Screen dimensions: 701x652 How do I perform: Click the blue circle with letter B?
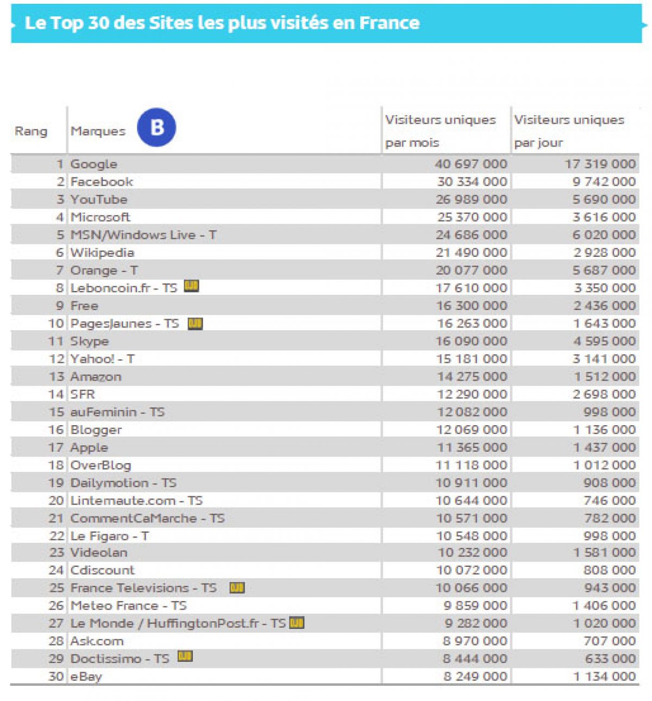click(156, 128)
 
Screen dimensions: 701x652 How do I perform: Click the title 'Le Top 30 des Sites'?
click(222, 23)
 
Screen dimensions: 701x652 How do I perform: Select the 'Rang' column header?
click(31, 131)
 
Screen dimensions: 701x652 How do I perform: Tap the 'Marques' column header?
click(98, 131)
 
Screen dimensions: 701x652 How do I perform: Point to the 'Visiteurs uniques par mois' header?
click(440, 131)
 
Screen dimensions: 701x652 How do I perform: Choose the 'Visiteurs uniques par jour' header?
click(569, 131)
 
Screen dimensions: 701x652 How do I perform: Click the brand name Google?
click(94, 164)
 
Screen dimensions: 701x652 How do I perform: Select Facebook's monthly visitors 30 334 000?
click(472, 181)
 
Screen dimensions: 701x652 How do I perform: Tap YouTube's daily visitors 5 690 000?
click(604, 199)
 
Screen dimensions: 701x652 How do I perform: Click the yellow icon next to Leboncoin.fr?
click(191, 286)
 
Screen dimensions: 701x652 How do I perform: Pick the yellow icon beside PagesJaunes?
click(195, 324)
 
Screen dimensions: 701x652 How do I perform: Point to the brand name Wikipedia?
click(102, 252)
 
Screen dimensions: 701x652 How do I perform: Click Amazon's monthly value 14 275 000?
click(472, 376)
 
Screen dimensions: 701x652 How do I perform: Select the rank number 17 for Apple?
click(56, 447)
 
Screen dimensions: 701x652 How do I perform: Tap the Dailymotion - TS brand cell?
click(123, 483)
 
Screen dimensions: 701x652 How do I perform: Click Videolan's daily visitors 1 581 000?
click(604, 552)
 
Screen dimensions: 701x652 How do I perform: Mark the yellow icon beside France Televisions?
click(237, 588)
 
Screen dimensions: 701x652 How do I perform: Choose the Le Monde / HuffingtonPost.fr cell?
click(178, 623)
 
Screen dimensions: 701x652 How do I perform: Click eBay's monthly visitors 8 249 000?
click(475, 676)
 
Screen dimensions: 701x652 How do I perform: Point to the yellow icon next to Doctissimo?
click(185, 657)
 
